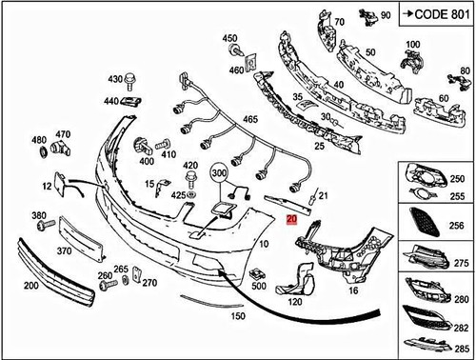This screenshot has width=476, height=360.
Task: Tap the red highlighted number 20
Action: tap(291, 218)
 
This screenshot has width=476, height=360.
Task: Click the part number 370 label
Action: tap(65, 251)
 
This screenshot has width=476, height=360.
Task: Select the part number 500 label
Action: tap(258, 286)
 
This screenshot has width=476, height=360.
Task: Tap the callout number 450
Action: tap(229, 38)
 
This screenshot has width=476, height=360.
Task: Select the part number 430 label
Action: tap(116, 79)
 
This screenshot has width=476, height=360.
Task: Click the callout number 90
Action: tap(385, 16)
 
